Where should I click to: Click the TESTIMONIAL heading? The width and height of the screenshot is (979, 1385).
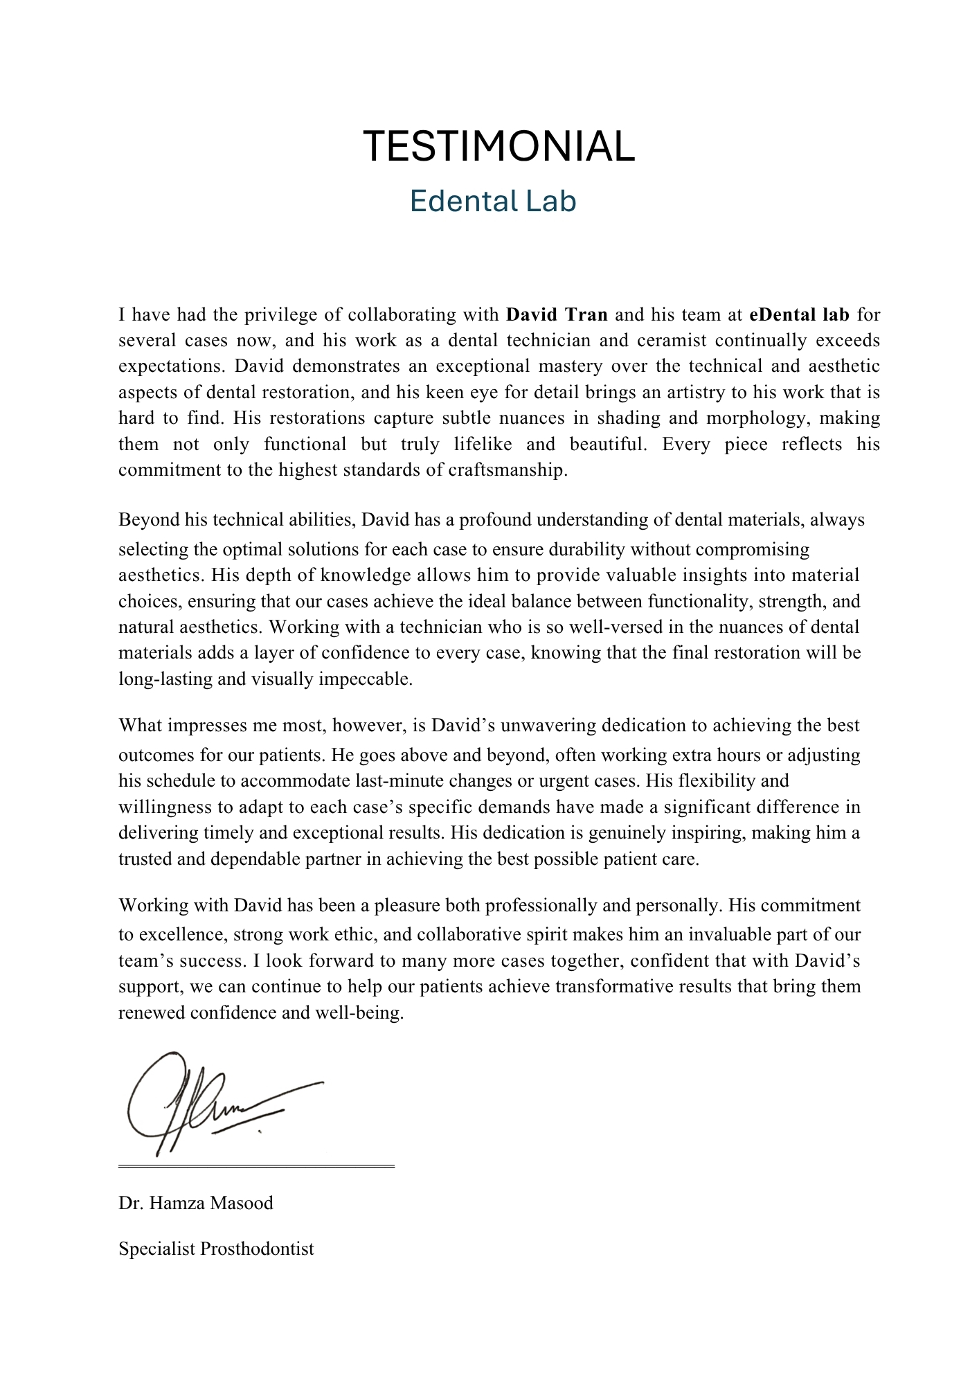499,147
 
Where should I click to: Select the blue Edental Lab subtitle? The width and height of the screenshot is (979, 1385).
492,202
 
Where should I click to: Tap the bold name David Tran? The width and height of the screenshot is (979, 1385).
557,315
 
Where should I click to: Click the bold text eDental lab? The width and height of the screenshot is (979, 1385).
799,315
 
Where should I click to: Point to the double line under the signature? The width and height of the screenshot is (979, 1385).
256,1167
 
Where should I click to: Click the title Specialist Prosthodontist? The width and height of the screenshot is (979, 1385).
216,1249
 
